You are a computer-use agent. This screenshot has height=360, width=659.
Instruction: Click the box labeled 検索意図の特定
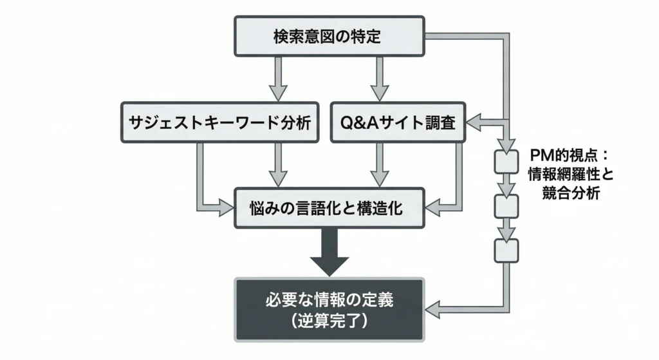pyautogui.click(x=328, y=36)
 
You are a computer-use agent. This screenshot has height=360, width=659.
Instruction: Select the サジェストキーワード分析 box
pyautogui.click(x=219, y=122)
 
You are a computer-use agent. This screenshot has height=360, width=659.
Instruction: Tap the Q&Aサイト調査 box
pyautogui.click(x=397, y=122)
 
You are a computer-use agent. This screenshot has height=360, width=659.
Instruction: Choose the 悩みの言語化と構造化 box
pyautogui.click(x=328, y=207)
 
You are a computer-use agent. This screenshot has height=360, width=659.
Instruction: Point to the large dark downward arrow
pyautogui.click(x=329, y=252)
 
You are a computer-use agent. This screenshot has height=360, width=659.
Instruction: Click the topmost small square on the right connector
pyautogui.click(x=505, y=162)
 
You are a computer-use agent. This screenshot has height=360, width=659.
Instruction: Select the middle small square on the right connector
pyautogui.click(x=505, y=206)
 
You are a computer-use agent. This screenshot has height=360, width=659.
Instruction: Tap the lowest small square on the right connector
pyautogui.click(x=505, y=249)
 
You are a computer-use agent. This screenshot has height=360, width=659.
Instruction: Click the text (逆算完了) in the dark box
pyautogui.click(x=328, y=320)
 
